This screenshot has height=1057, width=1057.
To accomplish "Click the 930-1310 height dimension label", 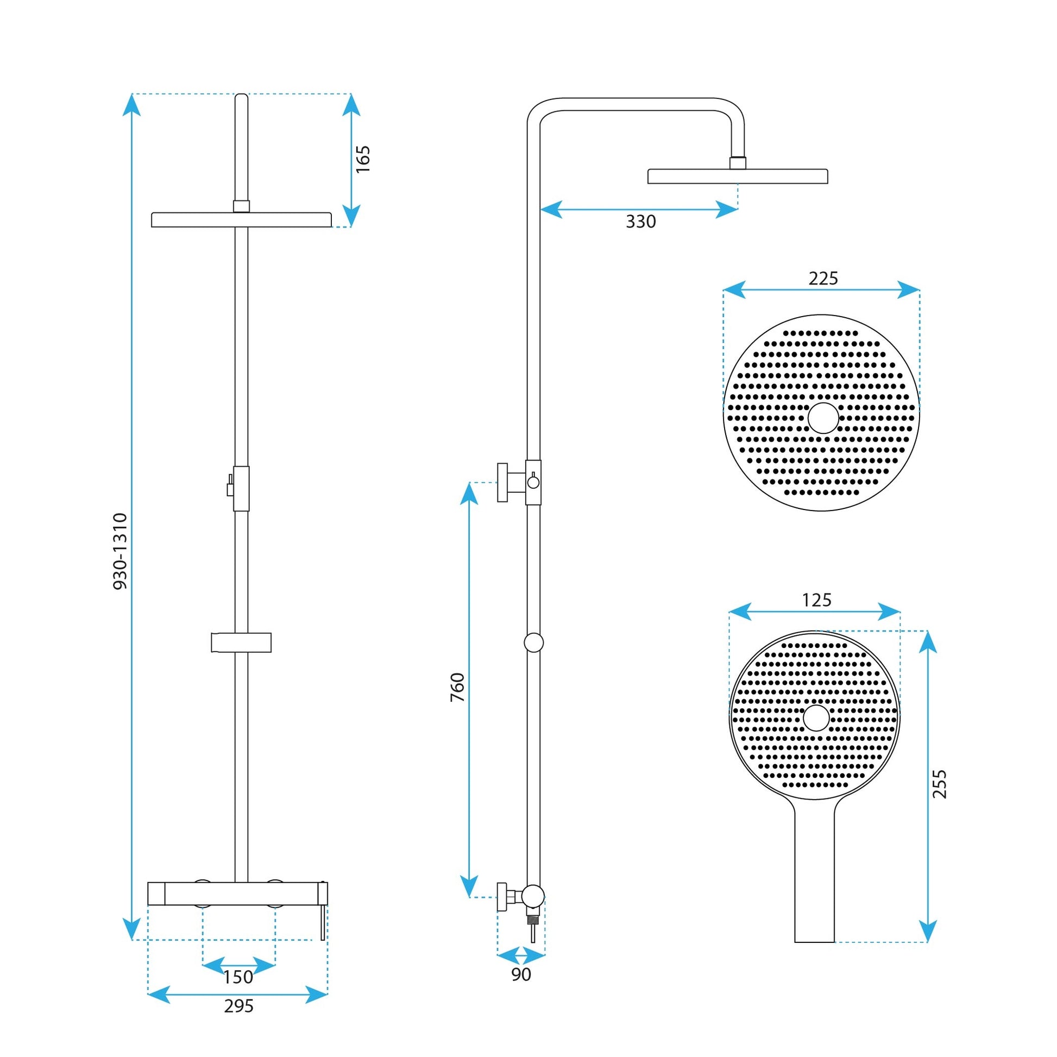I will coord(120,551).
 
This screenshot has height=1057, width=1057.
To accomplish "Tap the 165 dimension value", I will coord(363,159).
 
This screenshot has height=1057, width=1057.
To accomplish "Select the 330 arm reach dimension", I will coord(640,222).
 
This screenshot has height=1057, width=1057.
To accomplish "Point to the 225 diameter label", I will coord(823,279).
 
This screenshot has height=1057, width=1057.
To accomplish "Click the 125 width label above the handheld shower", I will coord(816,600).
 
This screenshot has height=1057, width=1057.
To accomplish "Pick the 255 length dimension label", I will coord(939,784).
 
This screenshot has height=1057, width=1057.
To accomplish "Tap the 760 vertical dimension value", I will coord(457,688).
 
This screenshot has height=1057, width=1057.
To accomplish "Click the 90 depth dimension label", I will coord(521,974).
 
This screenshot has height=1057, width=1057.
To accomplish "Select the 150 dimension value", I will coord(238,977).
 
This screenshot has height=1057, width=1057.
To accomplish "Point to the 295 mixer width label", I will coord(238,1006).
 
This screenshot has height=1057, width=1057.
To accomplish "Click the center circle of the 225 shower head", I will coord(823,418).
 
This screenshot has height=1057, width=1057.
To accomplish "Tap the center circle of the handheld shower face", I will coord(816,718).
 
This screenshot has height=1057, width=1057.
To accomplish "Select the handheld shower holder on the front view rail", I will coord(241,643).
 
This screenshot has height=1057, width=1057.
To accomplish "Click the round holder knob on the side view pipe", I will coord(533,643).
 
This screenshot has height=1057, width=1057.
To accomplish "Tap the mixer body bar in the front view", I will coord(238,894).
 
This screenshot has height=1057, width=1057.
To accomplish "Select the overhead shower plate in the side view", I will coord(737,176).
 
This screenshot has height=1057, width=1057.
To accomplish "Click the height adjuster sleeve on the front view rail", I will coord(241,488).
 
